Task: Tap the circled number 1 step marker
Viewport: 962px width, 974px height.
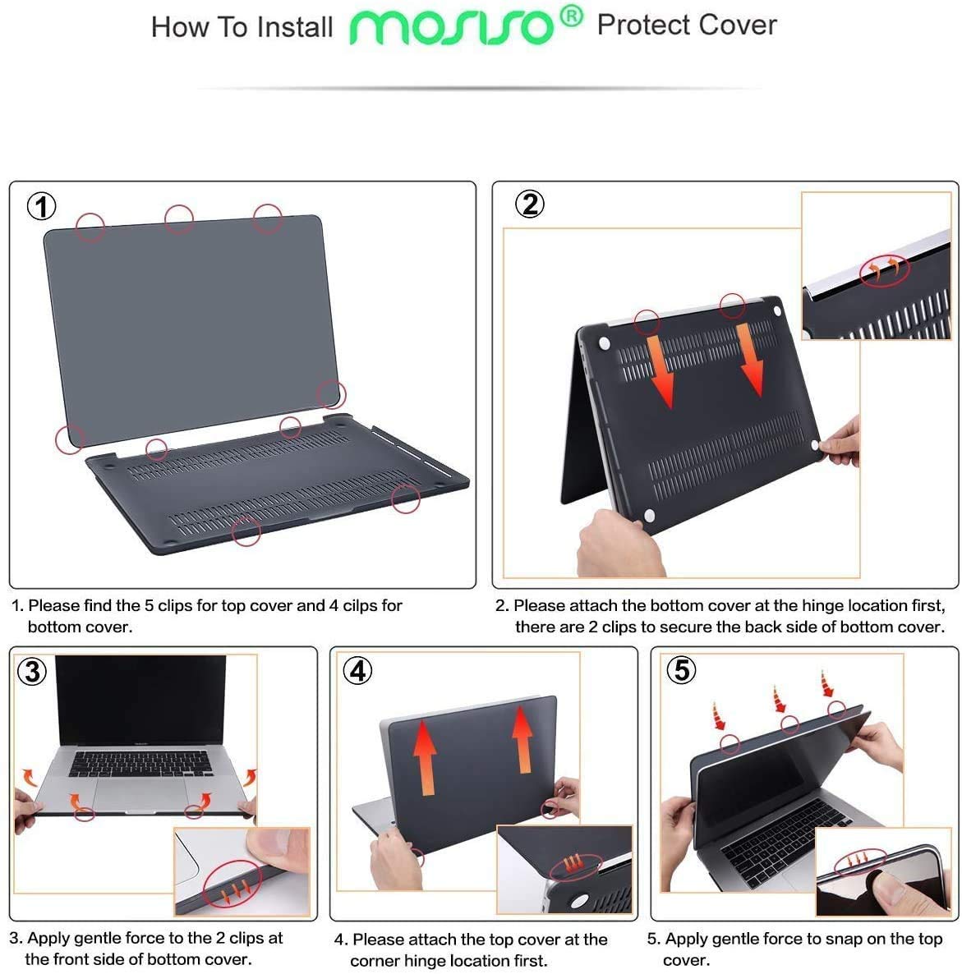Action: (42, 206)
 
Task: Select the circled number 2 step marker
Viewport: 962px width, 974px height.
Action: (530, 204)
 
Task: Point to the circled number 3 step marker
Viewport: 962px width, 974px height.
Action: (32, 672)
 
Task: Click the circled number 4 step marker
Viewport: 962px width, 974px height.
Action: (358, 671)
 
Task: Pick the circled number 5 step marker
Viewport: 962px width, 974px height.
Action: (681, 669)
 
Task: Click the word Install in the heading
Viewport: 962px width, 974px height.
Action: (295, 27)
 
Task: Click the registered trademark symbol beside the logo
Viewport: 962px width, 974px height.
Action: (572, 16)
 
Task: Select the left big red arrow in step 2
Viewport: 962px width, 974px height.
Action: (660, 371)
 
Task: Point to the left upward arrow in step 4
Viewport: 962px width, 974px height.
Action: (425, 757)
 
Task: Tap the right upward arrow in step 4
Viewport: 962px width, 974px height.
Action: (522, 739)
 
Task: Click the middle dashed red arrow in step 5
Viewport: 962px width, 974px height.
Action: (780, 700)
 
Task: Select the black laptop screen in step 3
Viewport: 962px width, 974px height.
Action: (141, 700)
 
